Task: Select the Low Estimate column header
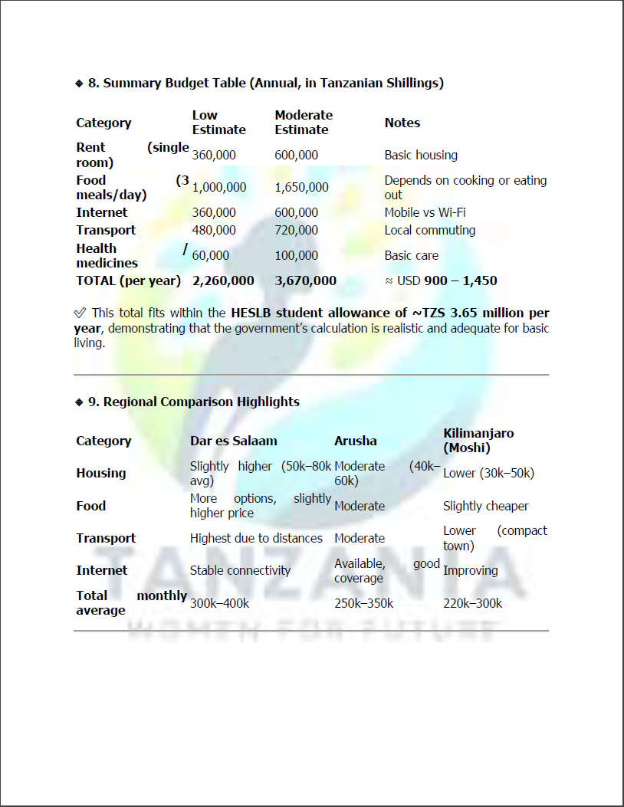click(x=218, y=123)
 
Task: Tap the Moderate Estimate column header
click(x=304, y=123)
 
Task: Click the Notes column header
click(x=402, y=123)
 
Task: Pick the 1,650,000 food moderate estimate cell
click(x=301, y=187)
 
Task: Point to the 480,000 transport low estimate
click(x=214, y=230)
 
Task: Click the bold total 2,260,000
click(x=223, y=280)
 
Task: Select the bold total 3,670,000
click(x=305, y=280)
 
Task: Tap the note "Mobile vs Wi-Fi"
click(x=425, y=212)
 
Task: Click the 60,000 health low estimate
click(x=210, y=255)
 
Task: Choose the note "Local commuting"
click(x=429, y=230)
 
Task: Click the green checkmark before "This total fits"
click(x=80, y=313)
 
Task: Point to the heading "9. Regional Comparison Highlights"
click(x=193, y=402)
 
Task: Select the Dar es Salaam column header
click(x=233, y=441)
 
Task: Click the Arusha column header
click(x=355, y=441)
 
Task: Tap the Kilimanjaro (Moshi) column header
click(x=478, y=441)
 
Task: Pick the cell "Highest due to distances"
click(x=256, y=538)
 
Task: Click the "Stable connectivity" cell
click(x=240, y=570)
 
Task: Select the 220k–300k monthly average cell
click(x=472, y=603)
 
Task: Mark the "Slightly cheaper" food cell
click(x=485, y=506)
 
